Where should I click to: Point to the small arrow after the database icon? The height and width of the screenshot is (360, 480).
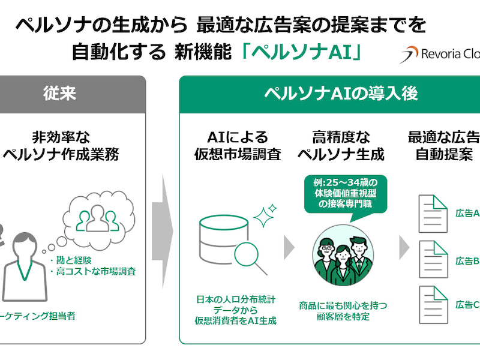point(289,246)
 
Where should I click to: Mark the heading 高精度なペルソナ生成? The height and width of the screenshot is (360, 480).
point(341,146)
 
